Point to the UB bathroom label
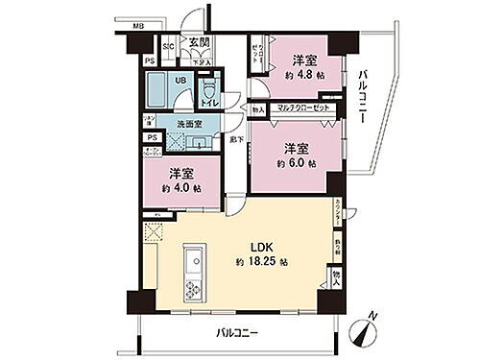tap(180, 82)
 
